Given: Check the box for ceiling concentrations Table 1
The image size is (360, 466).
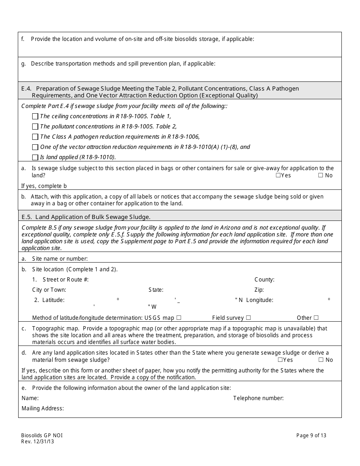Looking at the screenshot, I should click(x=35, y=116).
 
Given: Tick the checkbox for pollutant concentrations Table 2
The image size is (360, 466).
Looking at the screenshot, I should click(x=35, y=127).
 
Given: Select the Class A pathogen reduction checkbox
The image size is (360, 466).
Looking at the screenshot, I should click(x=35, y=137).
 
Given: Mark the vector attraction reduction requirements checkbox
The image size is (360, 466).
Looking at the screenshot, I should click(x=35, y=147).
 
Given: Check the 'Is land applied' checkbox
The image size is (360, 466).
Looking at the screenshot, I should click(x=35, y=157).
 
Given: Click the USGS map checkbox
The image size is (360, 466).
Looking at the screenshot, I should click(x=179, y=318).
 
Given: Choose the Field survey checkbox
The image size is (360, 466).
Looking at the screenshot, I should click(x=248, y=318).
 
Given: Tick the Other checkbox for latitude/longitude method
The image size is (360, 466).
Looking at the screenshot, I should click(x=316, y=318).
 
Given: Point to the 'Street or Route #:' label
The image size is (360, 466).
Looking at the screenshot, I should click(x=65, y=280).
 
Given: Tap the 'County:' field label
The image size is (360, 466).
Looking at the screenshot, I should click(x=264, y=280).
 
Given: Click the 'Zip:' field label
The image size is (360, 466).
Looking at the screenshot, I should click(x=259, y=290).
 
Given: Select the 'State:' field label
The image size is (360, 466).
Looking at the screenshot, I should click(x=156, y=290).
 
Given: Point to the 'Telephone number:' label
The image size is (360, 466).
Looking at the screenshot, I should click(x=258, y=398).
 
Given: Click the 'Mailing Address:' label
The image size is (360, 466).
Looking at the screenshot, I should click(x=42, y=408).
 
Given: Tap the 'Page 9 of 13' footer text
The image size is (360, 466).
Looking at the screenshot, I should click(x=311, y=435).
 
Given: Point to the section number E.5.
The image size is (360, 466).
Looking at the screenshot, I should click(x=27, y=217).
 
